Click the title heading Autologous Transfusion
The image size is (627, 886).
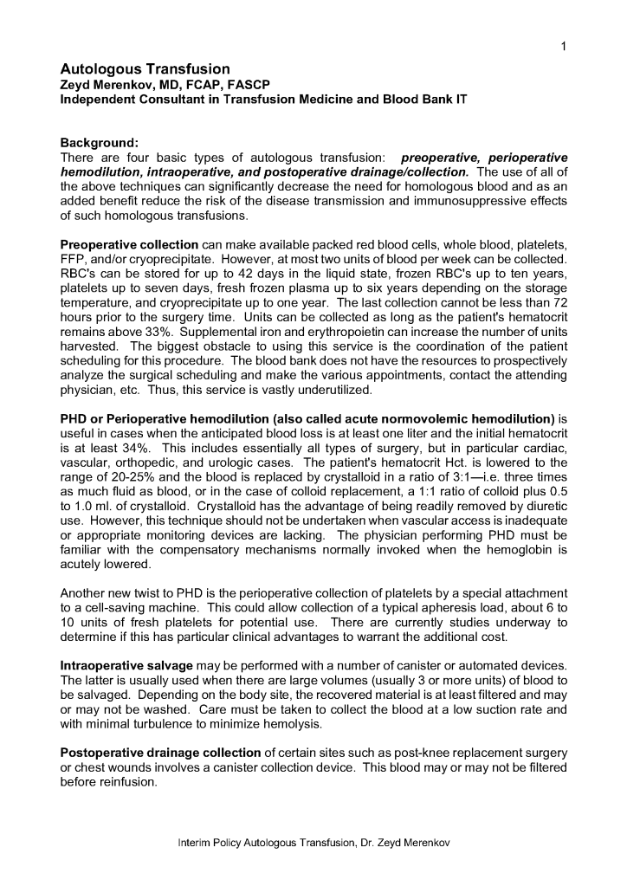click(145, 68)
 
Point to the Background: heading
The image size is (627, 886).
click(99, 143)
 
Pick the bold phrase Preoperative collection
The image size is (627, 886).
click(129, 245)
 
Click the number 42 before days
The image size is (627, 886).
click(228, 275)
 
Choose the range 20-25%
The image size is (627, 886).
click(120, 479)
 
